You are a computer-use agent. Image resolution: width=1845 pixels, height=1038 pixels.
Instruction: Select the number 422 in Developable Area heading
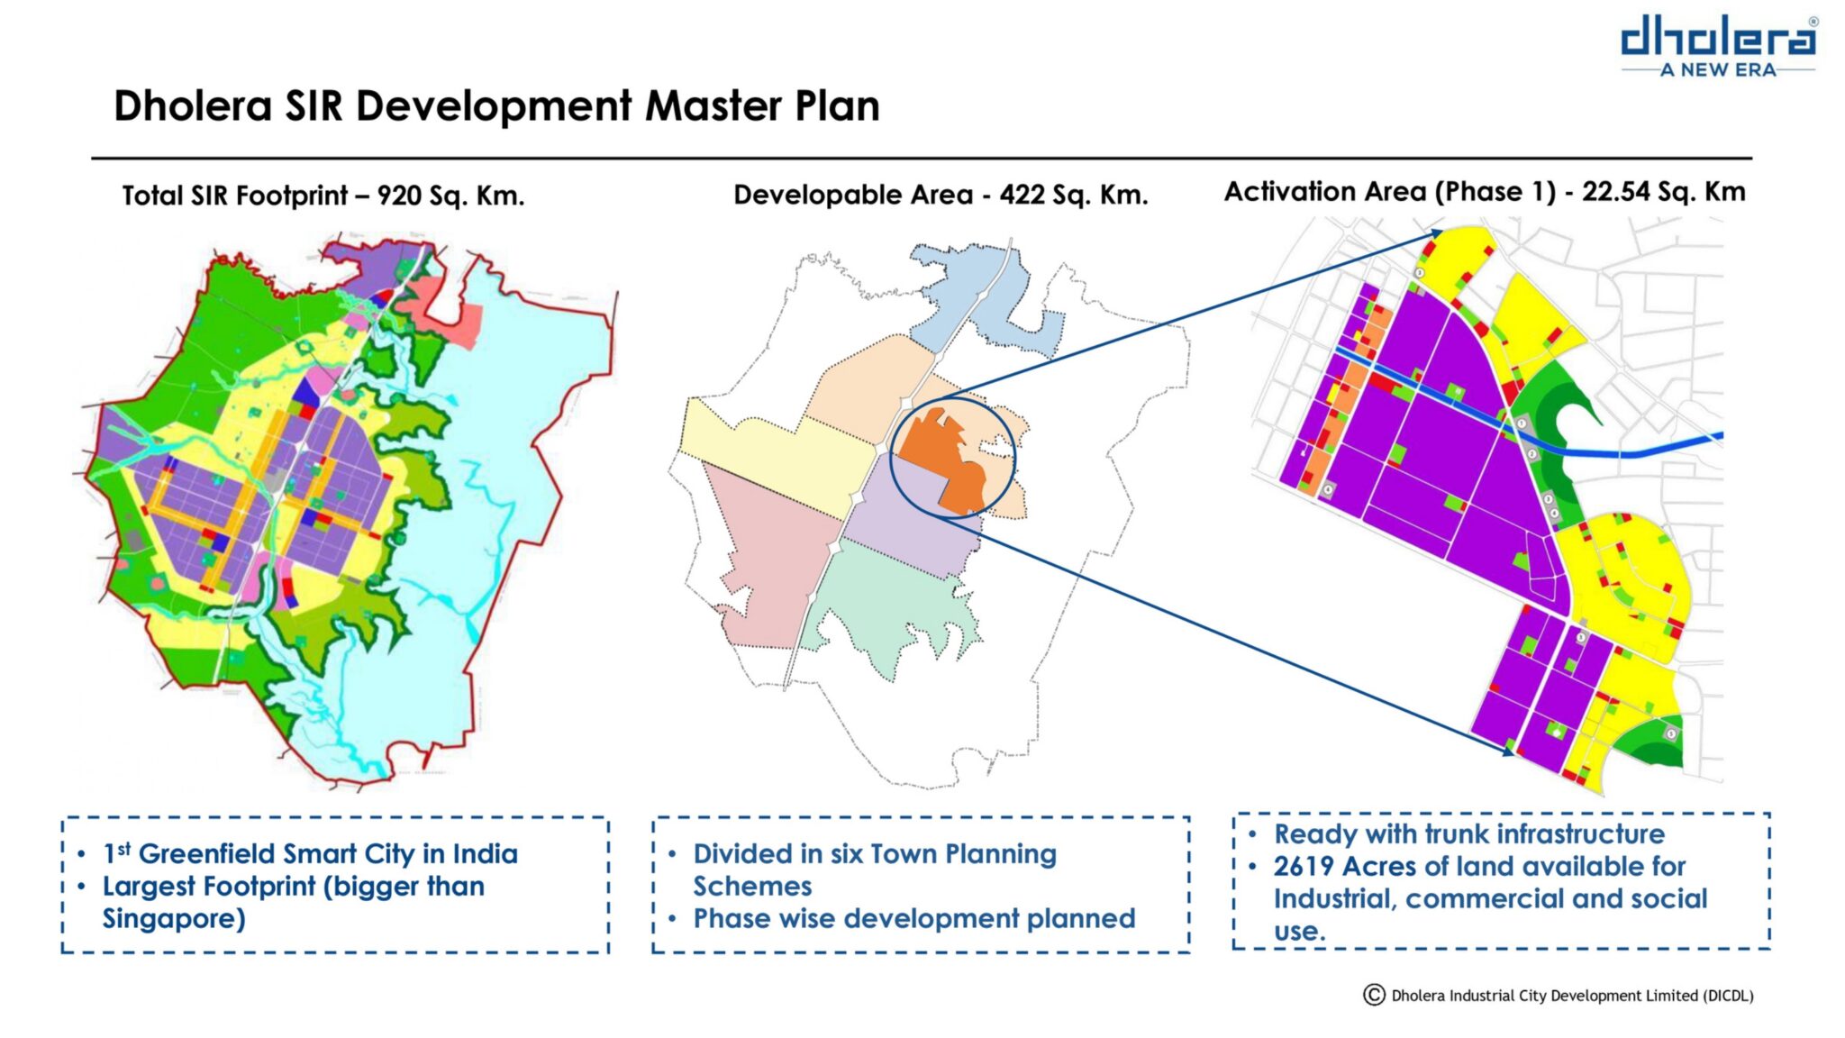[1023, 194]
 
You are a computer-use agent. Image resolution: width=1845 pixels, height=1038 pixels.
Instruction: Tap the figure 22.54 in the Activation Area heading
[1617, 191]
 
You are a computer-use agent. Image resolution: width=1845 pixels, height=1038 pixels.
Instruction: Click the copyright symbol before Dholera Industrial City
[1374, 995]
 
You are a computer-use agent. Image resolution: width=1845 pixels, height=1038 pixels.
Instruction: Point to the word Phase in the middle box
[729, 918]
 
